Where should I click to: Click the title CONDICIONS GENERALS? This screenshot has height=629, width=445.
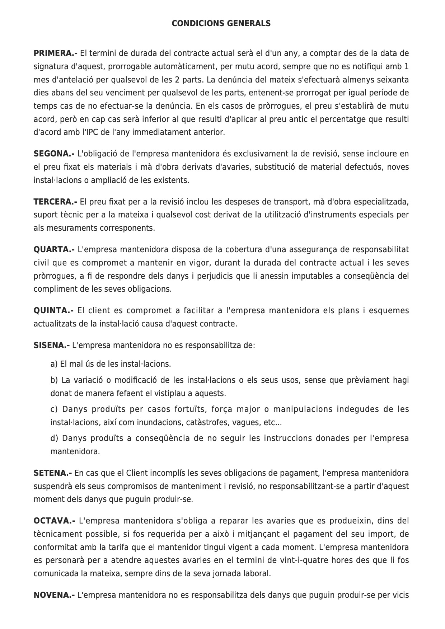pyautogui.click(x=221, y=24)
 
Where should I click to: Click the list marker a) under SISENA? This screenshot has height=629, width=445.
pyautogui.click(x=54, y=364)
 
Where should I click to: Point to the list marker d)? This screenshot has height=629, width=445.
pyautogui.click(x=54, y=438)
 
